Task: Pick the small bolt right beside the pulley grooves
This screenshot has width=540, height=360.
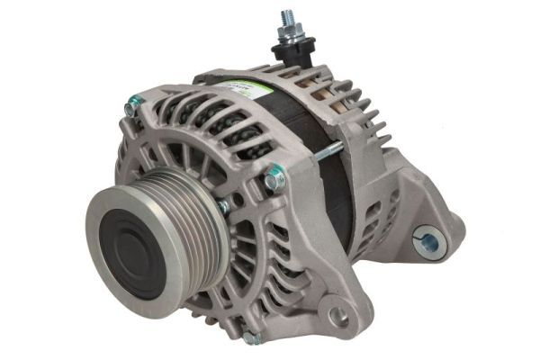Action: pyautogui.click(x=224, y=206)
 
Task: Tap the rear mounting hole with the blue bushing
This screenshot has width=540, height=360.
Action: pyautogui.click(x=427, y=240)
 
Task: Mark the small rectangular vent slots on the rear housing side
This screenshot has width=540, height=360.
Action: pyautogui.click(x=382, y=198)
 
